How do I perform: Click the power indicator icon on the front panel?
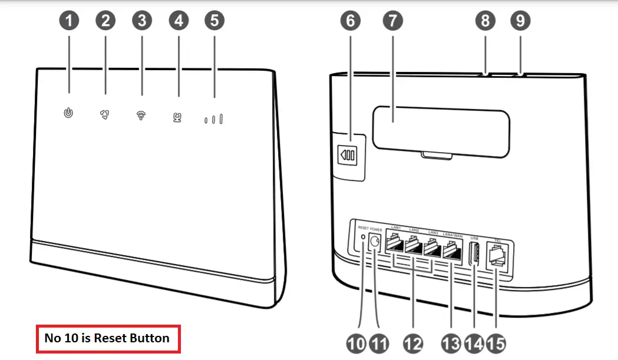point(69,112)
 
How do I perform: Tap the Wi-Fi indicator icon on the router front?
point(141,114)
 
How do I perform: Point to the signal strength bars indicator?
point(213,120)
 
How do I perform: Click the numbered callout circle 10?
point(356,343)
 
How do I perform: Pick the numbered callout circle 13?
point(451,343)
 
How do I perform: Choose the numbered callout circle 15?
point(496,343)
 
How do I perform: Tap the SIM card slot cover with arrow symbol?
point(347,156)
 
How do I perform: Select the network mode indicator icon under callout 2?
point(105,113)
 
